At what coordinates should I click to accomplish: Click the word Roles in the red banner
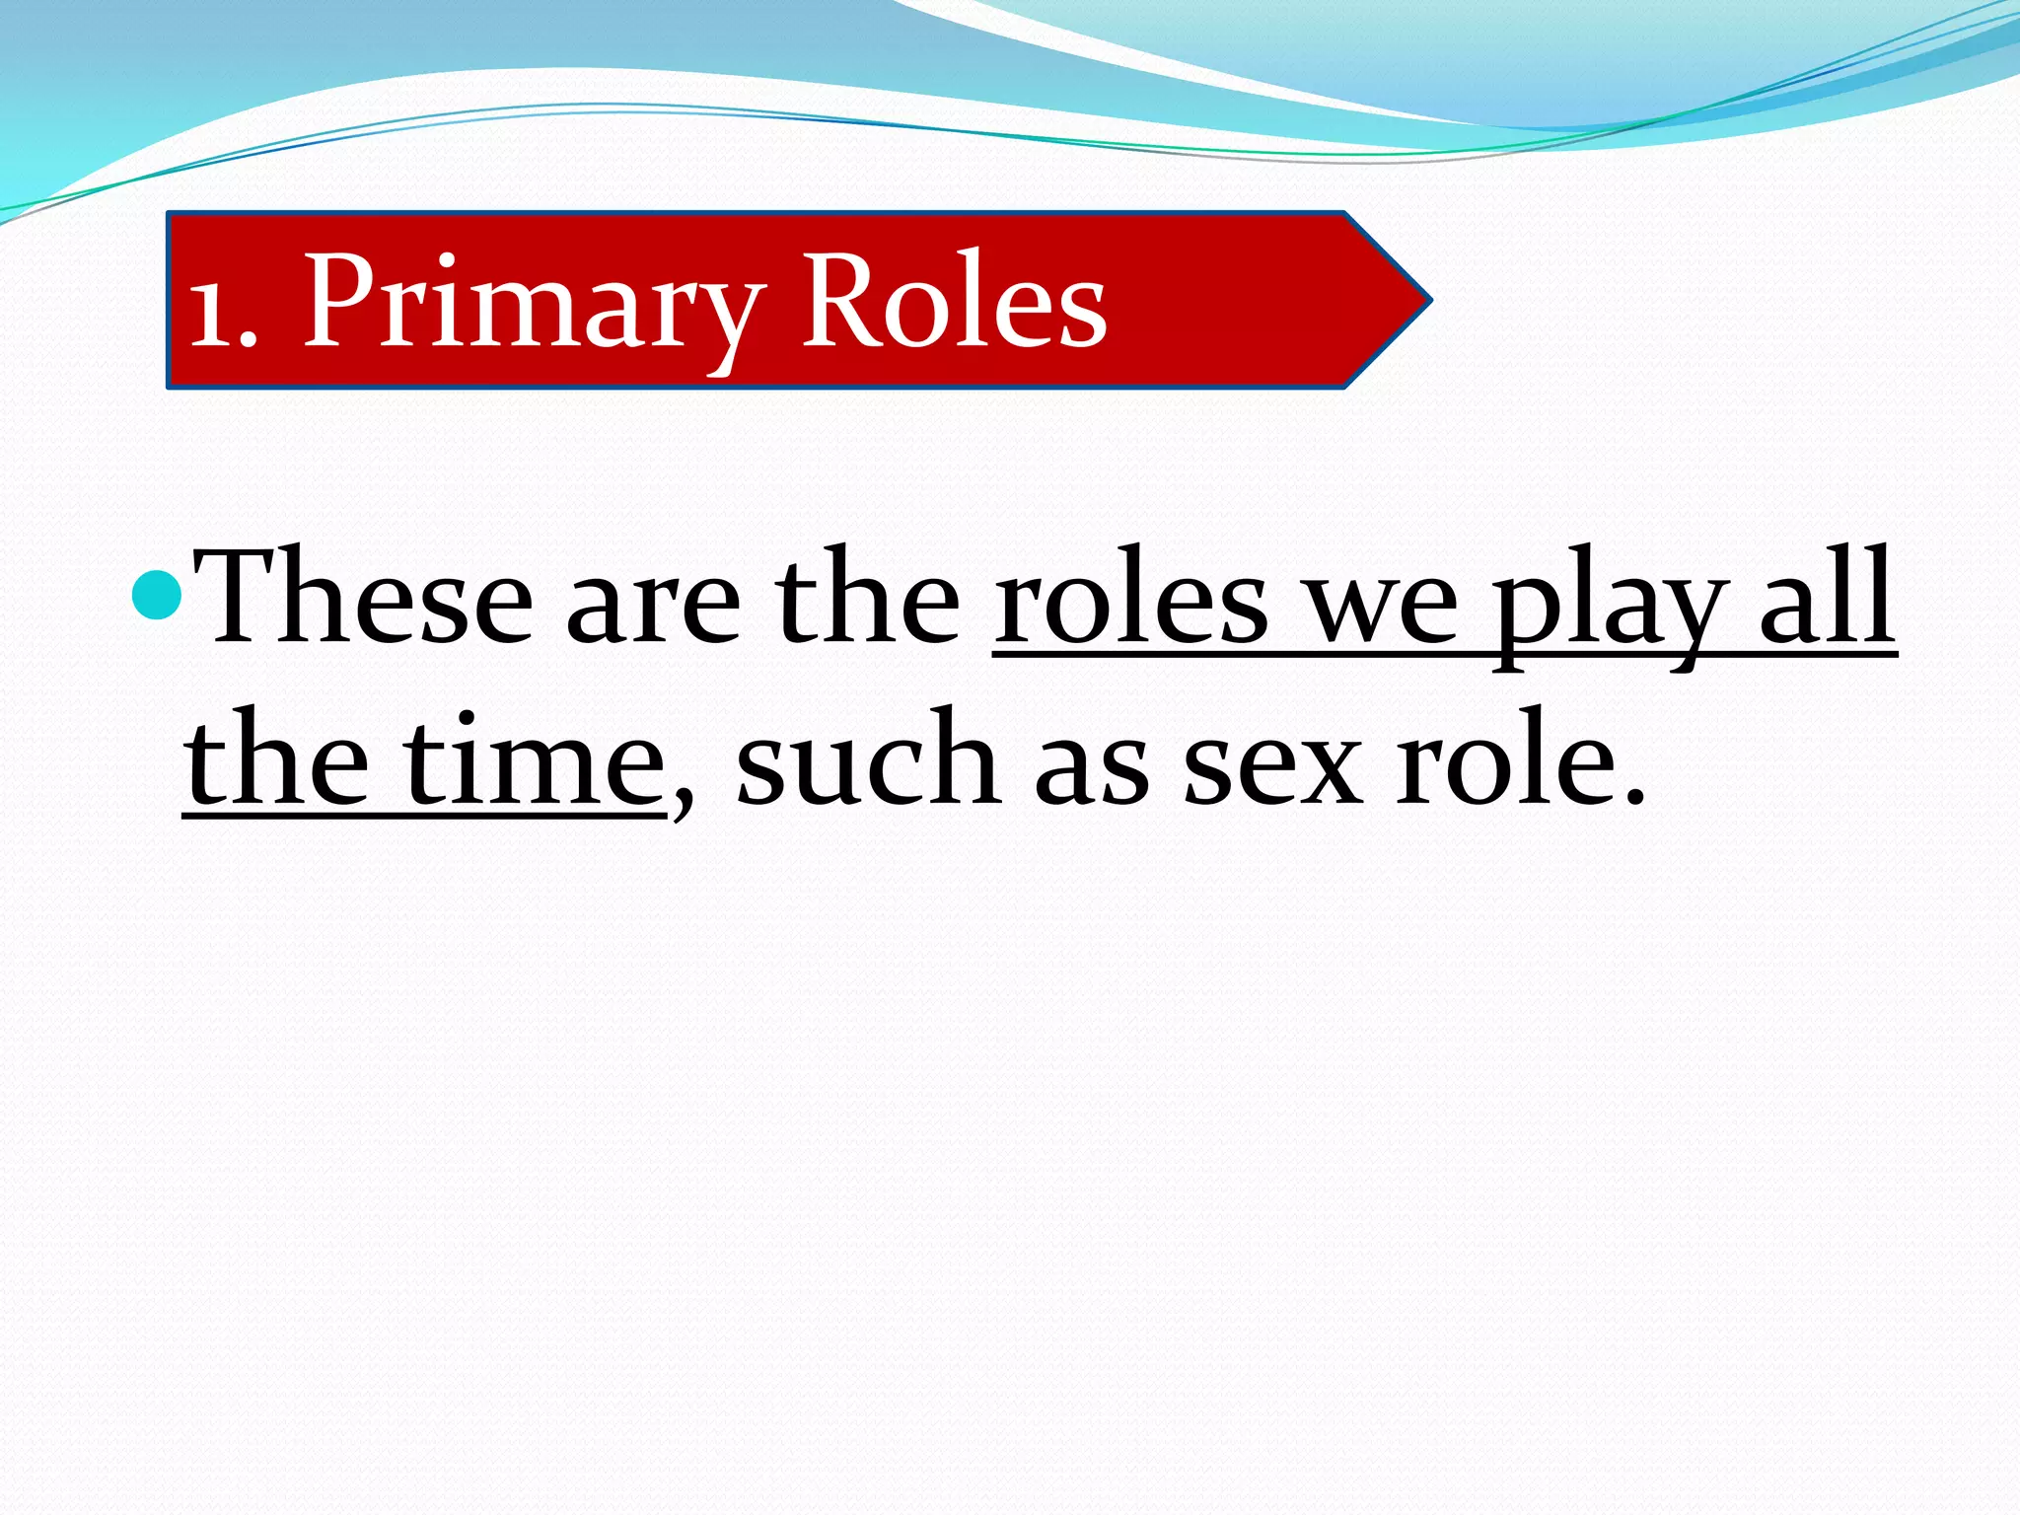[954, 300]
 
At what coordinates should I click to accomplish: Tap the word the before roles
[867, 598]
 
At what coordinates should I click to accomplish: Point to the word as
[1091, 768]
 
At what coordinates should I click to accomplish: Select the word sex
[1271, 768]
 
